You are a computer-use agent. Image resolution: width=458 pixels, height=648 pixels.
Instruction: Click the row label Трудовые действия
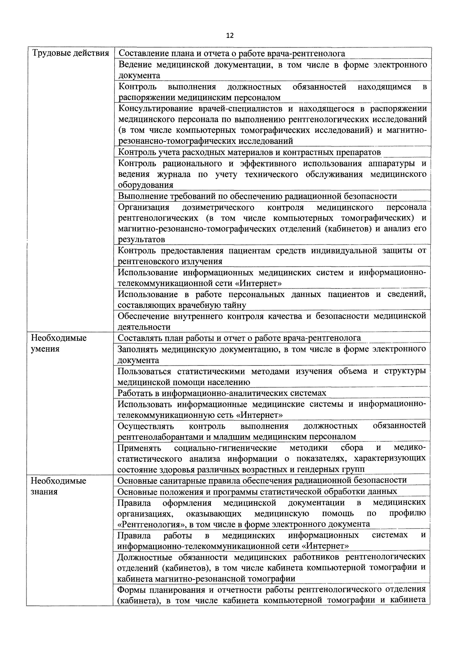point(71,53)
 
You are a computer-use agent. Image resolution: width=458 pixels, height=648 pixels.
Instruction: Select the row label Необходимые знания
point(58,486)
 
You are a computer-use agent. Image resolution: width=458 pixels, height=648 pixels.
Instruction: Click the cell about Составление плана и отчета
point(231,53)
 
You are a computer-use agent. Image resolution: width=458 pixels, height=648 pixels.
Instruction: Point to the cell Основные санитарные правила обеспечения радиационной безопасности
point(262,480)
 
